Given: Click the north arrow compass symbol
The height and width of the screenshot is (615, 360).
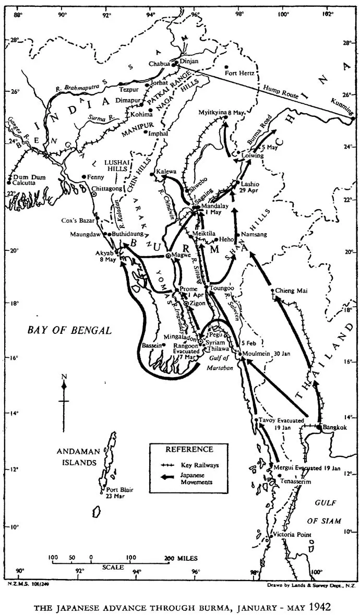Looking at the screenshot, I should (64, 392).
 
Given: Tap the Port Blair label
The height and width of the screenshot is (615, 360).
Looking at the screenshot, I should (119, 489).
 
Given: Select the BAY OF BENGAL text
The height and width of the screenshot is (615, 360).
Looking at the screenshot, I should (69, 330).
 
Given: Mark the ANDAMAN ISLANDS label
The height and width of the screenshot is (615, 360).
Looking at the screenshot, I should (77, 457).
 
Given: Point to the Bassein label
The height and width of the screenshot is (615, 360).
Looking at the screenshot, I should (153, 345).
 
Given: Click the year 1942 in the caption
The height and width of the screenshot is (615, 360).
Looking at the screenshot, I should (319, 607).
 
